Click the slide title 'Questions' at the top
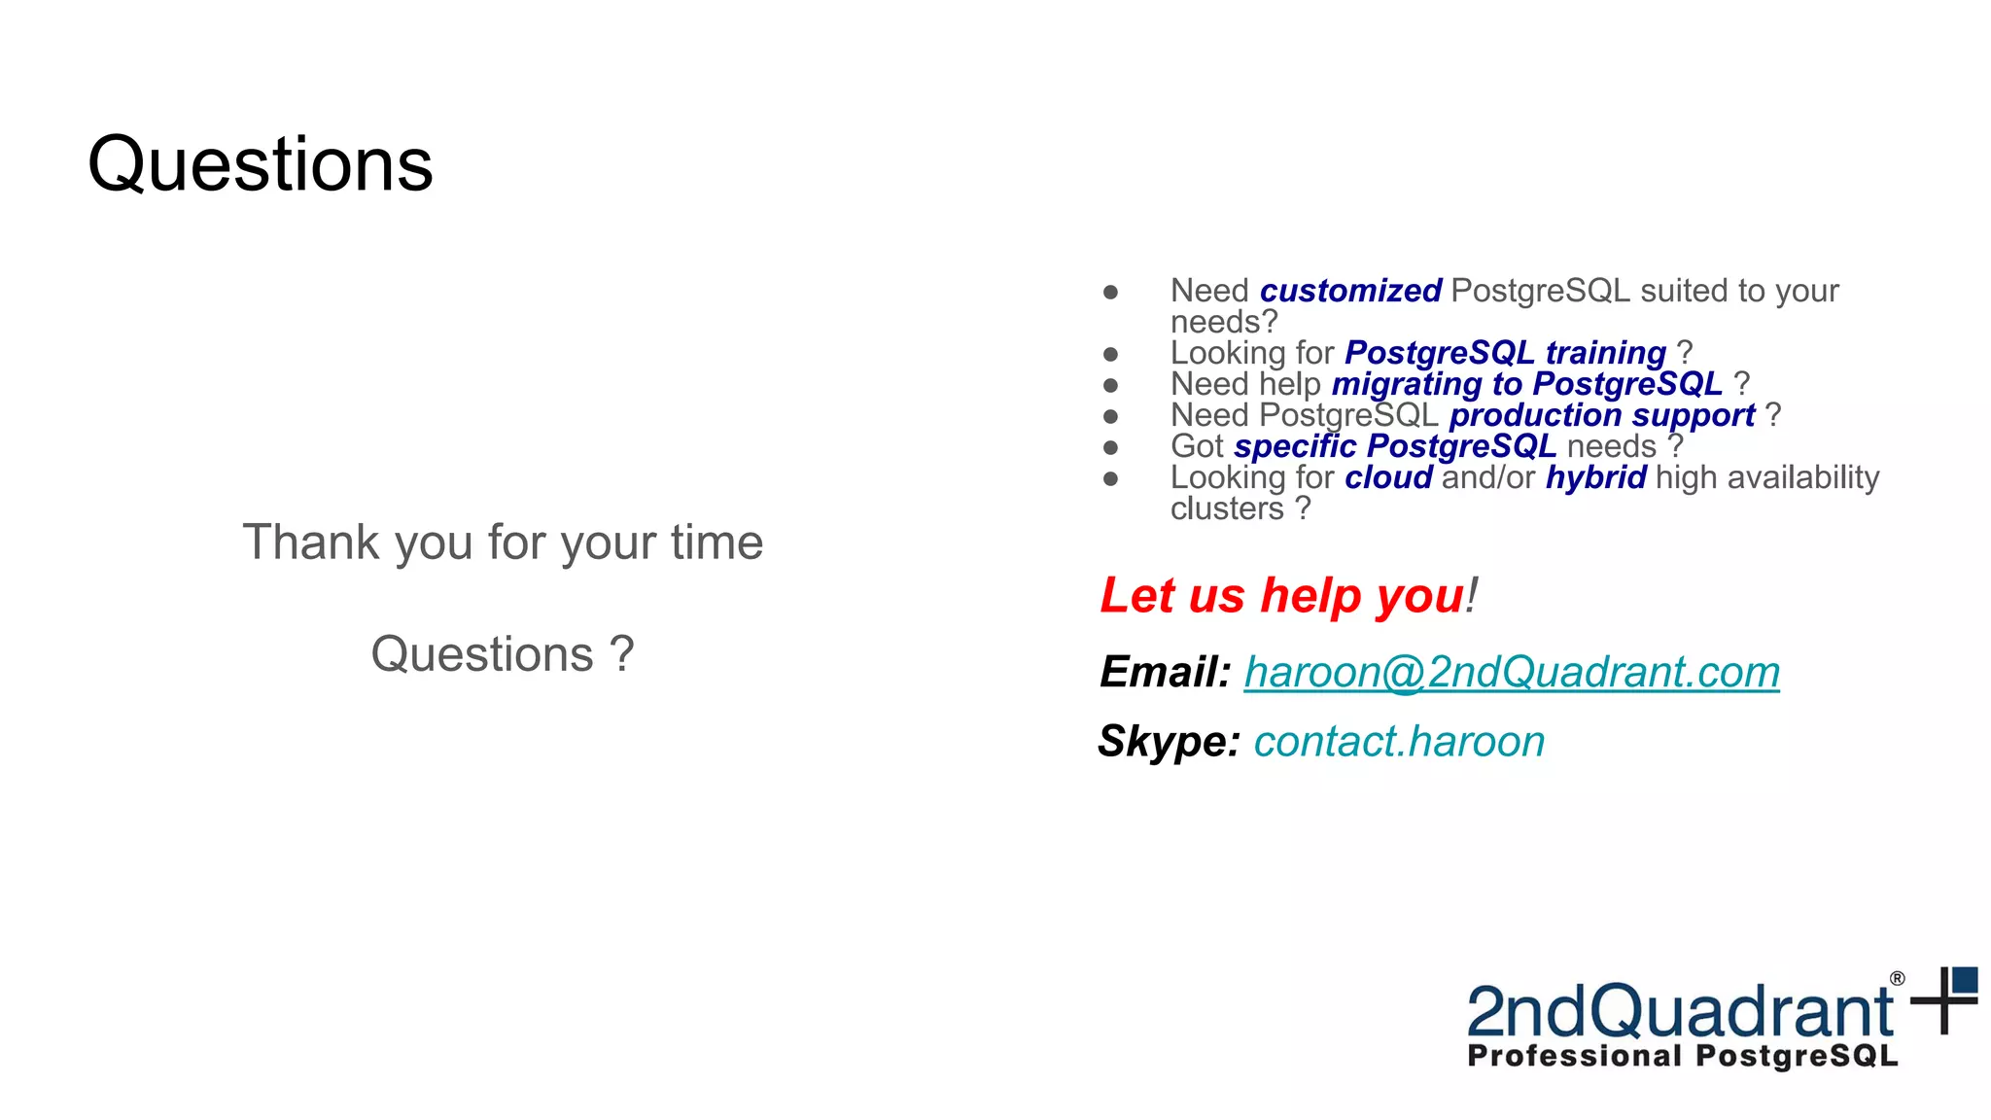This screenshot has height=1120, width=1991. click(260, 163)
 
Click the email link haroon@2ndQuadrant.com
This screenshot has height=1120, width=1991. click(1511, 672)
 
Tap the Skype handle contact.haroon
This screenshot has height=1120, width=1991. click(1398, 742)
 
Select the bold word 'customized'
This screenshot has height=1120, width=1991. click(1349, 291)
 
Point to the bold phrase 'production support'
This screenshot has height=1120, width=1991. click(1601, 415)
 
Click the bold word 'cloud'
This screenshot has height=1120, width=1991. click(1388, 477)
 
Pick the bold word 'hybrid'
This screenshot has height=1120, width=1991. click(1595, 477)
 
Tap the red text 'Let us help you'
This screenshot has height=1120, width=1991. click(1281, 595)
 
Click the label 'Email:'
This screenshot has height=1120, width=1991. click(1165, 672)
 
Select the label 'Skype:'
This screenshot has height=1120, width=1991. click(1169, 742)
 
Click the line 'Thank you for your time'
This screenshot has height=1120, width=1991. click(503, 542)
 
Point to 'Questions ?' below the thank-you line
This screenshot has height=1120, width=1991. click(503, 653)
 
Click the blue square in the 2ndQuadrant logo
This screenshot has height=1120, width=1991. click(1965, 980)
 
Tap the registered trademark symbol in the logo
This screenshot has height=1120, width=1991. click(1897, 979)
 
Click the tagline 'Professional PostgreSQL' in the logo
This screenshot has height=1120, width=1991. click(1682, 1056)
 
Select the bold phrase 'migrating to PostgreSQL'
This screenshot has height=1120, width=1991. click(1526, 384)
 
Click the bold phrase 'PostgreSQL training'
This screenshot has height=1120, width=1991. click(1505, 353)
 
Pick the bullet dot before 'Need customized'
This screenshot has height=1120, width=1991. click(1110, 292)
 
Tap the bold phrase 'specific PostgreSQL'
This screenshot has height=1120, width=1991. click(1394, 446)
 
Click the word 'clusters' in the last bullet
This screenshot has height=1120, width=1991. click(1227, 508)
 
